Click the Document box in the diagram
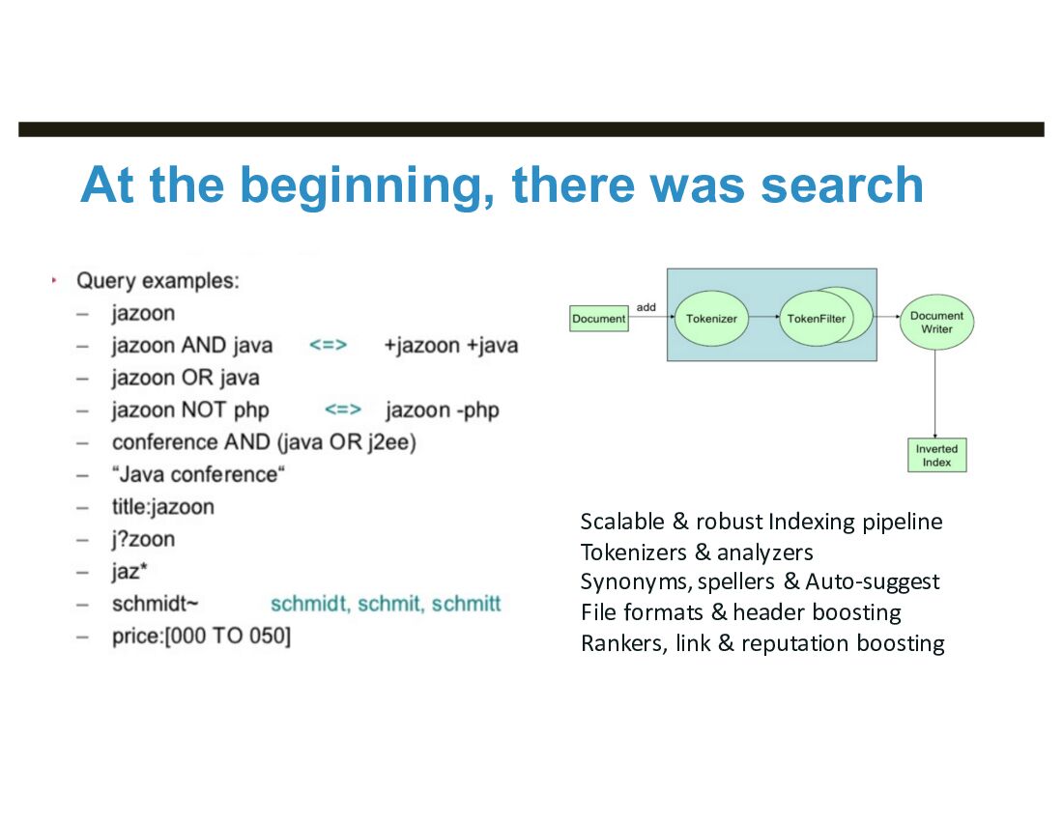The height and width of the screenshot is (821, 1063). coord(598,319)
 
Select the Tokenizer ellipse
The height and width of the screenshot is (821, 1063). coord(712,319)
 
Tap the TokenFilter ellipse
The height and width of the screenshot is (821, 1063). coord(816,319)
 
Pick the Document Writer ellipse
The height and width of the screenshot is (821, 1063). coord(936,323)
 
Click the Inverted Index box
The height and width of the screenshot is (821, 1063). coord(936,455)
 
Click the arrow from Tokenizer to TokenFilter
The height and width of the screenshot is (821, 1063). coord(764,318)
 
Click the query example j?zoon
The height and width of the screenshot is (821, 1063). coord(143,539)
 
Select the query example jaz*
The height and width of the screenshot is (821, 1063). coord(129,572)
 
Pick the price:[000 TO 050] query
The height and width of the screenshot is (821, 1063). coord(201,637)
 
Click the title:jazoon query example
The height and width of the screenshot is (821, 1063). coord(162,507)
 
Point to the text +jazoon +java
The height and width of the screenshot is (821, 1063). coord(450,346)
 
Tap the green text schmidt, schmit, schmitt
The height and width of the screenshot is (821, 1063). coord(386,605)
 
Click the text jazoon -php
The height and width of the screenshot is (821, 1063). coord(443,410)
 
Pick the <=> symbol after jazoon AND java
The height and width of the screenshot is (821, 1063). coord(328,346)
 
